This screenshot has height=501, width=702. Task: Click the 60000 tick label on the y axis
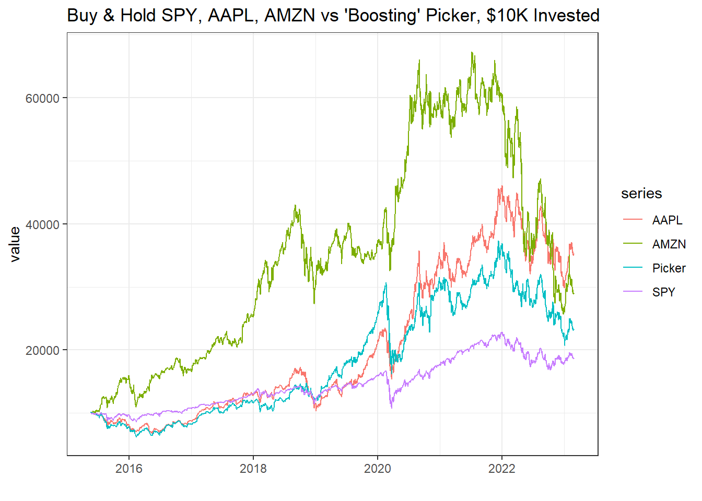pyautogui.click(x=42, y=98)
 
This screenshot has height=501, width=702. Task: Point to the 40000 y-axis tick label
pyautogui.click(x=42, y=224)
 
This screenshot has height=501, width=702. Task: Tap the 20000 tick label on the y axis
pyautogui.click(x=42, y=350)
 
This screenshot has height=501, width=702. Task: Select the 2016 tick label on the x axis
pyautogui.click(x=129, y=468)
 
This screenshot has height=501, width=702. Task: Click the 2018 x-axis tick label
pyautogui.click(x=253, y=468)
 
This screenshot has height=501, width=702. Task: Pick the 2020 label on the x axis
pyautogui.click(x=378, y=468)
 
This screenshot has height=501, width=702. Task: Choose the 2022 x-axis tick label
pyautogui.click(x=502, y=468)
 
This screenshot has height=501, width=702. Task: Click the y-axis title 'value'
pyautogui.click(x=15, y=244)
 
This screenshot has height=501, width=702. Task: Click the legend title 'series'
pyautogui.click(x=641, y=194)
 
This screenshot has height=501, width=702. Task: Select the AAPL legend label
pyautogui.click(x=667, y=220)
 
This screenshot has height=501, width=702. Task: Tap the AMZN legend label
pyautogui.click(x=669, y=244)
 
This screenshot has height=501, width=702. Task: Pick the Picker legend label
pyautogui.click(x=669, y=268)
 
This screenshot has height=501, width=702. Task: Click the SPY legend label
pyautogui.click(x=663, y=292)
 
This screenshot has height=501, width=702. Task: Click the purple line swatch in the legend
pyautogui.click(x=633, y=292)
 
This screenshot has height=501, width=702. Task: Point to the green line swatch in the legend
pyautogui.click(x=633, y=244)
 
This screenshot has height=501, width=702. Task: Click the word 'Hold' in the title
pyautogui.click(x=138, y=16)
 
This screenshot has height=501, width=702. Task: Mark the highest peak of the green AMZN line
pyautogui.click(x=472, y=52)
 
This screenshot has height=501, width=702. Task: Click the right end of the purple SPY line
pyautogui.click(x=574, y=358)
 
